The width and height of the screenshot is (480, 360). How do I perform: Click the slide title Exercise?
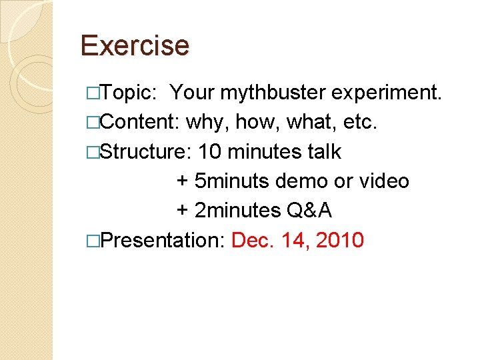point(135,45)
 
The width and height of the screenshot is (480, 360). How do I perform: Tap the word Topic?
point(130,93)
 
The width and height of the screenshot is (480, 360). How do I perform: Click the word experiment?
point(387,93)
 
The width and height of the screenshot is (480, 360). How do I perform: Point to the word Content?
point(140,123)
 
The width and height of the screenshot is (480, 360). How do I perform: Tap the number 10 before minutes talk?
point(211,152)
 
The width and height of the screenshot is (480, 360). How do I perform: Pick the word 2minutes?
point(237,211)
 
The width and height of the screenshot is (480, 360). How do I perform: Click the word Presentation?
point(160,240)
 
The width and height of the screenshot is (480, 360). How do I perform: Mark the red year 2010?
point(340,240)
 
